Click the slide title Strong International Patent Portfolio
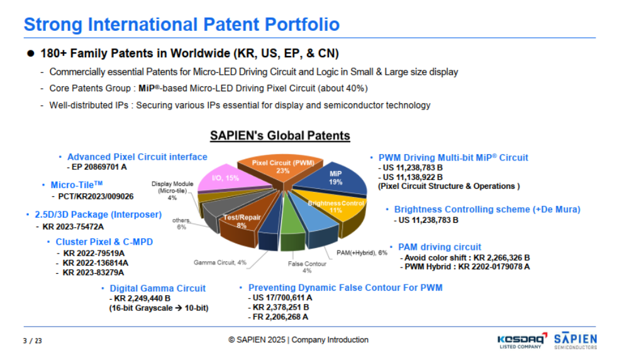pos(181,25)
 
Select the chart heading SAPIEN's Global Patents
pos(280,135)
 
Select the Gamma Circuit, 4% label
pos(219,262)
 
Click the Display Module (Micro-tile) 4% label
pos(172,191)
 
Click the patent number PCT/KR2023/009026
pos(101,196)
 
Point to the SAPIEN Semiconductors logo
pos(575,340)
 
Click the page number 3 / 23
pos(33,340)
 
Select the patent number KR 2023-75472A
pos(73,227)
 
